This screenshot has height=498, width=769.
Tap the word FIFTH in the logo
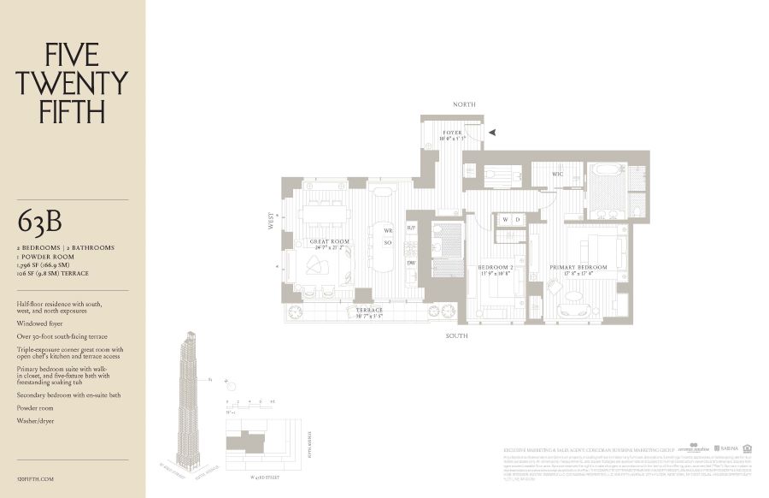(x=72, y=110)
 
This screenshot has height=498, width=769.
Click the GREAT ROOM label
(x=330, y=242)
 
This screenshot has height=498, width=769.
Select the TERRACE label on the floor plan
(x=370, y=310)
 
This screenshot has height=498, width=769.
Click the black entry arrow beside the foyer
(x=491, y=133)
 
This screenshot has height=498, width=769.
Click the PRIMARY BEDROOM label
(x=578, y=267)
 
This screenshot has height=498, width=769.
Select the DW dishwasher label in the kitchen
(x=411, y=263)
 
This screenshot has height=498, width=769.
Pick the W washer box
(x=505, y=219)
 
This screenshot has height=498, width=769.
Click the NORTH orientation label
(x=465, y=104)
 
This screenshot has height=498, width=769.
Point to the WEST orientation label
(x=271, y=220)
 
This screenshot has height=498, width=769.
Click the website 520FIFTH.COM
(x=35, y=479)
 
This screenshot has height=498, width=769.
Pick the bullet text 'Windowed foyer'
(x=40, y=324)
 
